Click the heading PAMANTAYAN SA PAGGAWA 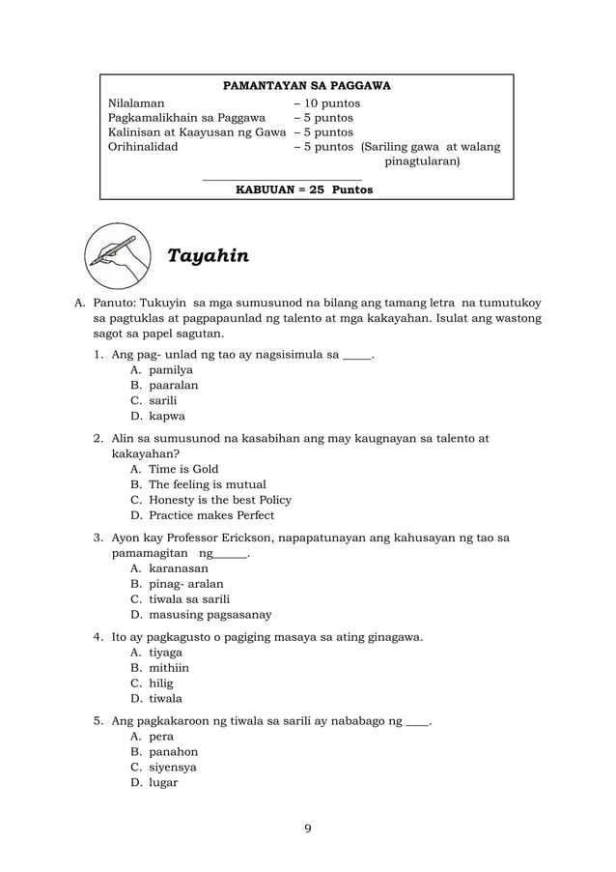[307, 86]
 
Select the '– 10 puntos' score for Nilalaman [327, 102]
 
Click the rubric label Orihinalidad [142, 147]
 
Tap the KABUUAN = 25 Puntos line [304, 189]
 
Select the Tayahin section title [208, 256]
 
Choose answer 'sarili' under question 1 [162, 399]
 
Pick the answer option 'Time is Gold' [183, 468]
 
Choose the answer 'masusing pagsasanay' [210, 614]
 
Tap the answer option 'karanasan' [178, 568]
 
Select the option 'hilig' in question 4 [160, 683]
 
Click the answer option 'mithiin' [168, 667]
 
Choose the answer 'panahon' [173, 751]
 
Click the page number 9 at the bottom [307, 828]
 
